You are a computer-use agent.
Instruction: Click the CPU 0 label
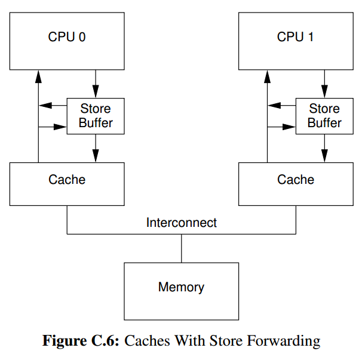(67, 36)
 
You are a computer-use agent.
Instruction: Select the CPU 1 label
(295, 36)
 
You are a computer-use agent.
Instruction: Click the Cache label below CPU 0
(67, 179)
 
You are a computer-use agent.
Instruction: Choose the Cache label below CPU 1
(296, 179)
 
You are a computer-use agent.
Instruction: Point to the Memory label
(181, 287)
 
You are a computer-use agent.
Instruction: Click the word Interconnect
(182, 223)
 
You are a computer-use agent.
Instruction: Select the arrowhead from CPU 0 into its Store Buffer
(96, 91)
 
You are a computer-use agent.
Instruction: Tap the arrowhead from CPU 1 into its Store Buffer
(324, 91)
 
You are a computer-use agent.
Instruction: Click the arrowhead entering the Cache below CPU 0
(96, 156)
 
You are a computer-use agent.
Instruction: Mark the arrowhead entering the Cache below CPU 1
(324, 156)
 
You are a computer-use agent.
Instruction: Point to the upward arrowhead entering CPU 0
(38, 76)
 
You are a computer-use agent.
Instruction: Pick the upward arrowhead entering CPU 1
(267, 76)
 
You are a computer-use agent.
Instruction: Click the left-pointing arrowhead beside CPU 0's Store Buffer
(45, 106)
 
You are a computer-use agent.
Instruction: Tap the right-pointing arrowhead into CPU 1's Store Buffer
(289, 127)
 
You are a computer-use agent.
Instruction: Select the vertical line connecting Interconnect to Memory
(182, 248)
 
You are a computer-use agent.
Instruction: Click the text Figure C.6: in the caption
(81, 340)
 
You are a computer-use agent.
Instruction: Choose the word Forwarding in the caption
(284, 341)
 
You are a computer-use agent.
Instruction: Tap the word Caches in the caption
(148, 341)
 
